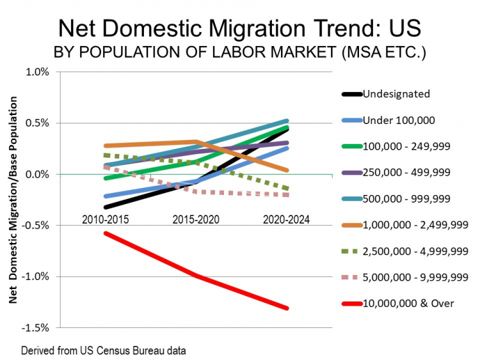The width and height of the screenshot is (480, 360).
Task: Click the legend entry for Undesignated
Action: pos(396,94)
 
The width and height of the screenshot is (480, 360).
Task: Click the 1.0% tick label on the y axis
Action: pos(37,72)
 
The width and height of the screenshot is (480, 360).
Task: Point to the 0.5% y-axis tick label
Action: pos(37,123)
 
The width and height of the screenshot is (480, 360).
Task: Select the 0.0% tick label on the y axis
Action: pos(37,174)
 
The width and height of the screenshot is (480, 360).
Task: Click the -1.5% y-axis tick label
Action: pos(35,327)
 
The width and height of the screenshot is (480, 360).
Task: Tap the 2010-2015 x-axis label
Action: pos(105,219)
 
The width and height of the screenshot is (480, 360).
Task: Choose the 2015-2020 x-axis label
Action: pos(196,219)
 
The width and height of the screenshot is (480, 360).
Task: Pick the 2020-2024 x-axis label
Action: pos(286,219)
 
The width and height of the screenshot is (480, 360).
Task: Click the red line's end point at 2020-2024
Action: pos(287,308)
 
